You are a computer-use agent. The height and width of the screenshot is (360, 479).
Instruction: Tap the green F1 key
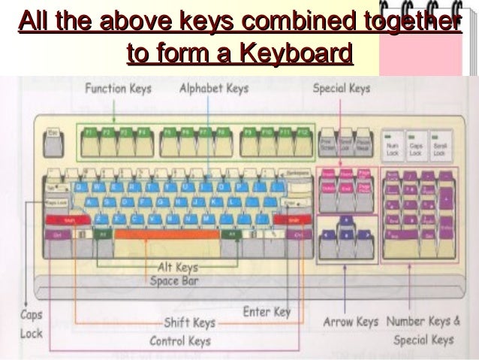click(90, 132)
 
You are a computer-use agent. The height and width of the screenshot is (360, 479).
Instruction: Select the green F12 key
click(303, 132)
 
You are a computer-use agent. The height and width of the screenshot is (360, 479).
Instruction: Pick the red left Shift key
click(66, 219)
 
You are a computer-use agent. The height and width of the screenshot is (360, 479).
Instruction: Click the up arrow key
click(347, 220)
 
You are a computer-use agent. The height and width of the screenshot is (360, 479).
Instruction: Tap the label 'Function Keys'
click(118, 89)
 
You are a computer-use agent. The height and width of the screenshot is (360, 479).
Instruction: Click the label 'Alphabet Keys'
click(213, 89)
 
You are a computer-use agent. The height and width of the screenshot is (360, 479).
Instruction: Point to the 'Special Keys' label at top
click(341, 89)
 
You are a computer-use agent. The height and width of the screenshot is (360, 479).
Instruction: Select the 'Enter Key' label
click(267, 310)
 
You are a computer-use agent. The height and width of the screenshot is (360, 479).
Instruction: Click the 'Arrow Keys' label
click(351, 322)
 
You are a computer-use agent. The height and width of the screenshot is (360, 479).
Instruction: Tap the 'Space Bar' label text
click(173, 280)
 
